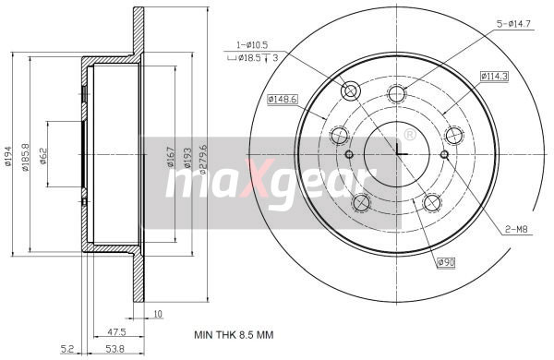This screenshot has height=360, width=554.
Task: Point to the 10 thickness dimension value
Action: point(158,315)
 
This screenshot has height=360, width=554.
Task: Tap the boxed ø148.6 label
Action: point(281,100)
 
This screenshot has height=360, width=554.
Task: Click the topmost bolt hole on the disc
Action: point(397,92)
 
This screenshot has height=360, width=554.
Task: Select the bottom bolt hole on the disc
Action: point(430,203)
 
